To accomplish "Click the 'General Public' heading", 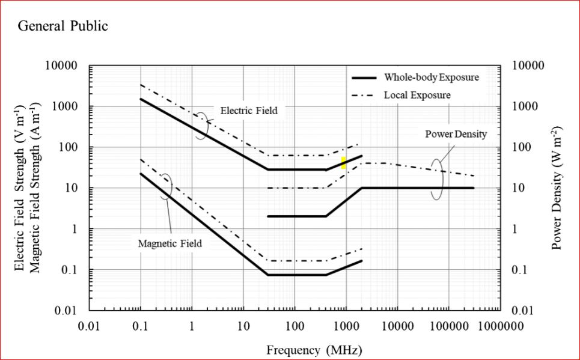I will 63,26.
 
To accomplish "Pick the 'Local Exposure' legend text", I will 417,95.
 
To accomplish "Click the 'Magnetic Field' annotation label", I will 170,243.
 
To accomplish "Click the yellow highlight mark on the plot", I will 343,162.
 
